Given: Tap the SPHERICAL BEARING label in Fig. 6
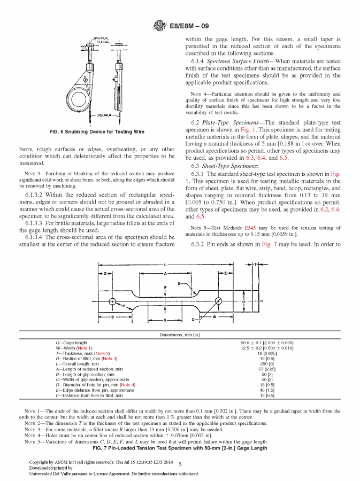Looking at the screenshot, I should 101,40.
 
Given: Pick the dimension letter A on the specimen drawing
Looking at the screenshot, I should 166,273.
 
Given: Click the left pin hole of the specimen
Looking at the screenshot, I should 112,301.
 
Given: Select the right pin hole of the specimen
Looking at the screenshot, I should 218,301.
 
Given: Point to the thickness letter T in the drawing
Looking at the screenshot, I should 256,264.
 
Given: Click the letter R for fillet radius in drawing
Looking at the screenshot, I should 179,284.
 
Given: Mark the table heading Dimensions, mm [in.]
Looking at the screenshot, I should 180,336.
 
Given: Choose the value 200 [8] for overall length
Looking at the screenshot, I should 267,363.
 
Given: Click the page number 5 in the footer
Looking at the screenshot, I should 180,464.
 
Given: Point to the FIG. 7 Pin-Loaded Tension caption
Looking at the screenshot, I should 180,448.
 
